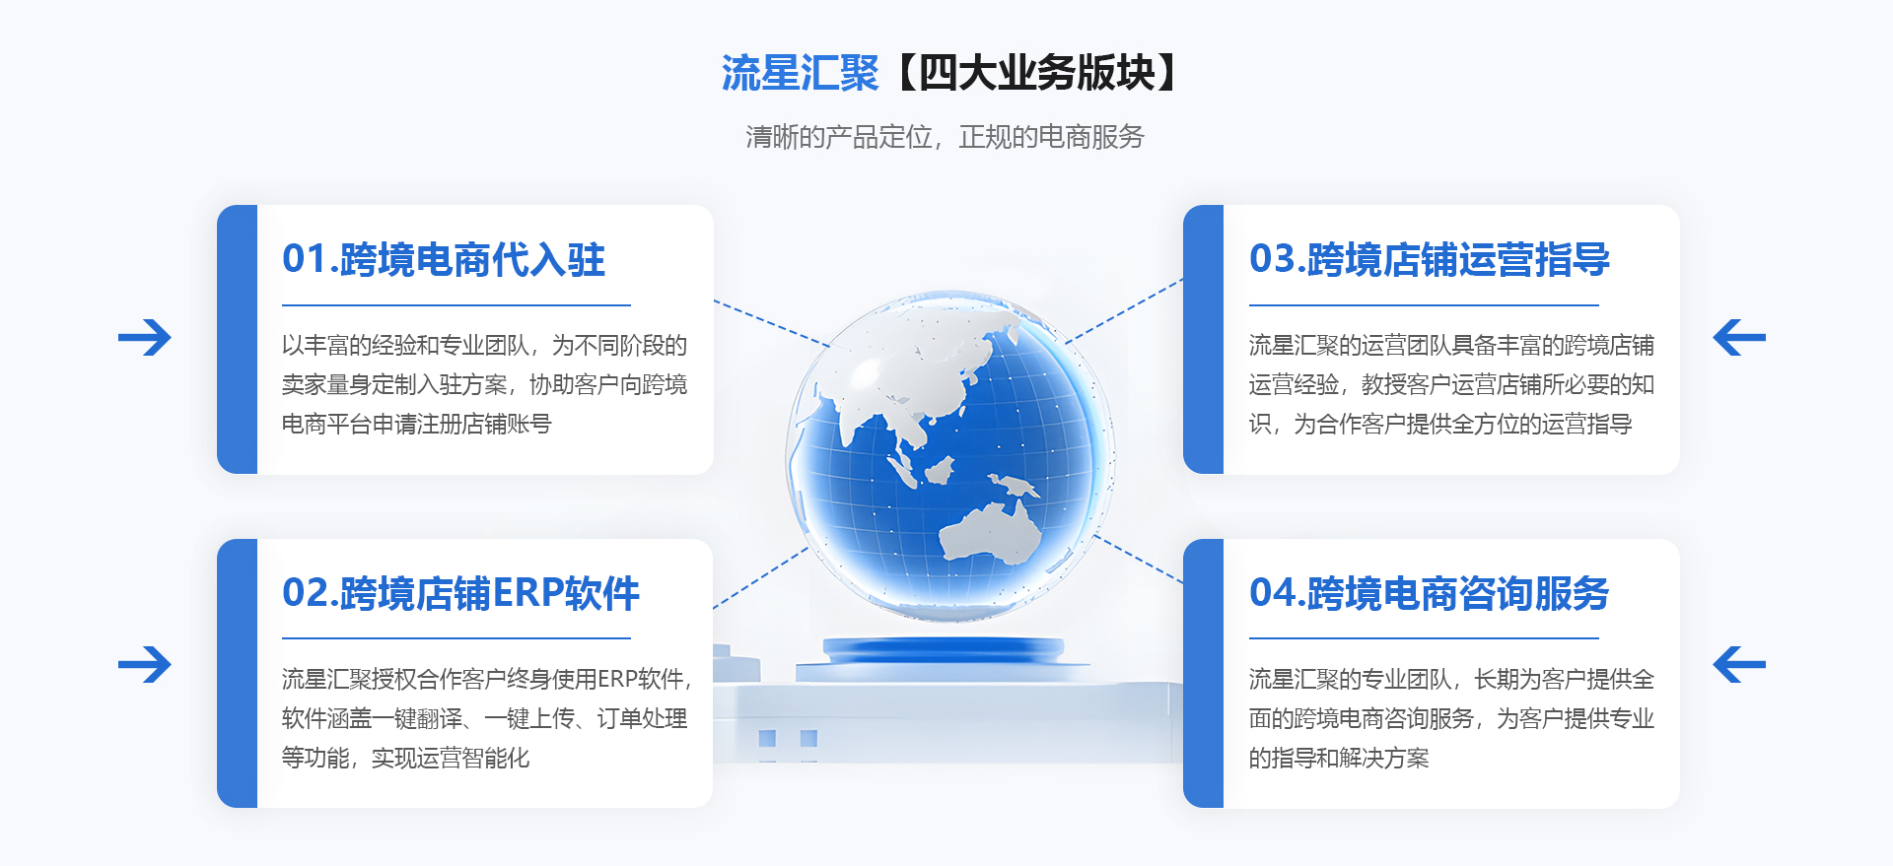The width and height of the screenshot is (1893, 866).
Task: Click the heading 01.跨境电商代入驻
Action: coord(444,259)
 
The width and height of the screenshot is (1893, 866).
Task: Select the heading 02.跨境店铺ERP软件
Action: coord(460,593)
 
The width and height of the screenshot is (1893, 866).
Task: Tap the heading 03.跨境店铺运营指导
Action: coord(1429,259)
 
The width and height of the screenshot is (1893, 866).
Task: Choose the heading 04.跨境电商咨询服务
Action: coord(1429,593)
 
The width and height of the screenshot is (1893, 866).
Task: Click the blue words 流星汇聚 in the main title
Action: coord(800,74)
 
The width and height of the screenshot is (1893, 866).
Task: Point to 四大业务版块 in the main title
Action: coord(1036,74)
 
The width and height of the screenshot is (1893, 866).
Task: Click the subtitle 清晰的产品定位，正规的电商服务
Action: coord(945,137)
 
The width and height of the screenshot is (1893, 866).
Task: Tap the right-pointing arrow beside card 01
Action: coord(145,338)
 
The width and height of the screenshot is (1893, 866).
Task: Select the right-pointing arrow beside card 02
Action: coord(145,664)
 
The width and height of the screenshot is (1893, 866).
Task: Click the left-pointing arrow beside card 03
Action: coord(1739,338)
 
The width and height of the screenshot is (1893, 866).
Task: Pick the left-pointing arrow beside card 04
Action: coord(1739,664)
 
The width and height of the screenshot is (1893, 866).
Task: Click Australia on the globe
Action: coord(990,532)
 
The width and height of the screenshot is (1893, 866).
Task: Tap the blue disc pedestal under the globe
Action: coord(944,650)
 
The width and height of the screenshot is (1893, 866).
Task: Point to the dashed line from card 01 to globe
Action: coord(772,323)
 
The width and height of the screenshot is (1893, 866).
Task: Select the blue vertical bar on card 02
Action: coord(237,673)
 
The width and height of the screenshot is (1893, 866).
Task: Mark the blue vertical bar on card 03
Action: coord(1203,339)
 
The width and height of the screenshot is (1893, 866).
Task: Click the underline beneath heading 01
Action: coord(456,305)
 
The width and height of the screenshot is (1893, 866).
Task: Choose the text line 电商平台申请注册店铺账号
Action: coord(417,425)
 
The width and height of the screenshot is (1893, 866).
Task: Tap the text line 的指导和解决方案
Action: coord(1339,759)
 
